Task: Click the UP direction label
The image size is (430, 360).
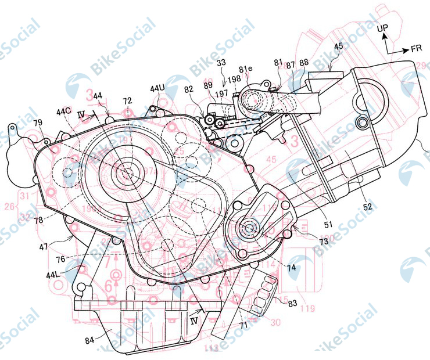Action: (383, 27)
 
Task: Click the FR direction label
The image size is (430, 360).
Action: (416, 49)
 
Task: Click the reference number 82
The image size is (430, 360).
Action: (189, 88)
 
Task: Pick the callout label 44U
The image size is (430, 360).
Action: (157, 88)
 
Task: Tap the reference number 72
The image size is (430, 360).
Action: (127, 101)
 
